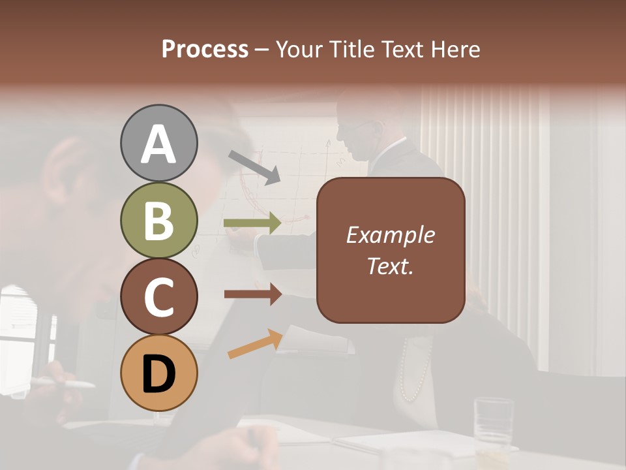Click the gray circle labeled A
158,143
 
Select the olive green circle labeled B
158,220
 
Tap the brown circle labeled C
158,297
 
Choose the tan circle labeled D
158,373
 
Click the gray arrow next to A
254,166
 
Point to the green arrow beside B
252,223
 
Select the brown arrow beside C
252,294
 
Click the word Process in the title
205,49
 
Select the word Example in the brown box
390,235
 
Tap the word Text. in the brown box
390,266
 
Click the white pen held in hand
65,383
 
